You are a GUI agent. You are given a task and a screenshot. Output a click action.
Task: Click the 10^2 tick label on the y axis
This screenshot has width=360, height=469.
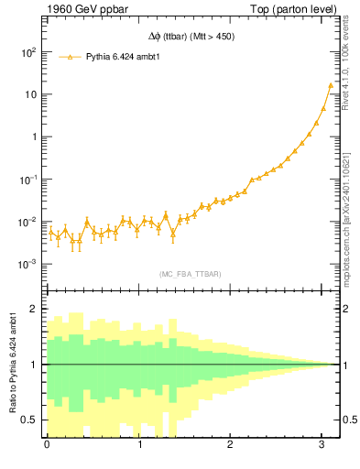(28, 52)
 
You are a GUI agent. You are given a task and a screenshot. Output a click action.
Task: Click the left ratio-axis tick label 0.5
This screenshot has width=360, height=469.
(30, 420)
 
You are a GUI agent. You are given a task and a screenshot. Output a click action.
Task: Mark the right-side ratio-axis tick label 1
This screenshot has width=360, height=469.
(347, 365)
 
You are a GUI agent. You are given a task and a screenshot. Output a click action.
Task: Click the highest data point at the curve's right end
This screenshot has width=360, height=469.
(331, 85)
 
